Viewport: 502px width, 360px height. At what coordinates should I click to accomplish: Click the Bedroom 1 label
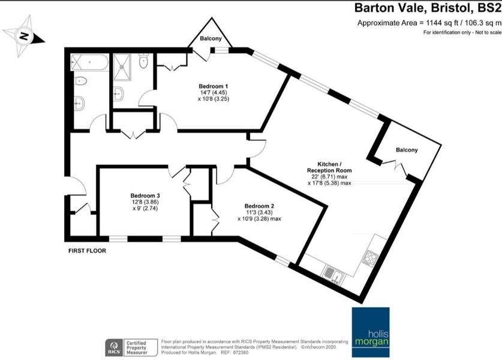pos(214,86)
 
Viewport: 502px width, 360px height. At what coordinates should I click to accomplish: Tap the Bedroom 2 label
pos(259,206)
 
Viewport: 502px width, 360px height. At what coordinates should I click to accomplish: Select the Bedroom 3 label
pos(145,196)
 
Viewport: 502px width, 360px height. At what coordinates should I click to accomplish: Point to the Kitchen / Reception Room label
pos(329,167)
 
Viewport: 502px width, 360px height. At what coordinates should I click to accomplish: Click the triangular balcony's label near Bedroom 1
pos(211,38)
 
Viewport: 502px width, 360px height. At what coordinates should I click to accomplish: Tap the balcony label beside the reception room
pos(407,150)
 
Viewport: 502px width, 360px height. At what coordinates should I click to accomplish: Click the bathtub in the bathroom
pos(89,62)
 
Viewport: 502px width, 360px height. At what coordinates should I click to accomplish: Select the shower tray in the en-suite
pos(122,67)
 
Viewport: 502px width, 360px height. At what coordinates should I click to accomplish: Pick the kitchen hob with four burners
pos(370,257)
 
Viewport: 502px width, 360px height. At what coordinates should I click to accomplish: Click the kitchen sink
pos(333,275)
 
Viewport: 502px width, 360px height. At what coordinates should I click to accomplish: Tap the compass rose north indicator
pos(24,36)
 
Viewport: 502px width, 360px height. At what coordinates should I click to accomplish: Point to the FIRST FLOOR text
pos(87,251)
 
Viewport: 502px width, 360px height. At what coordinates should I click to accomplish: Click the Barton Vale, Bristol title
pos(428,8)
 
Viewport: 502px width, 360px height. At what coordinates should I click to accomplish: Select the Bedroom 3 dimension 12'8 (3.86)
pos(145,202)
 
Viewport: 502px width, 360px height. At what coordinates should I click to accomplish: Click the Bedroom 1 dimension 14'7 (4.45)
pos(214,92)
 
